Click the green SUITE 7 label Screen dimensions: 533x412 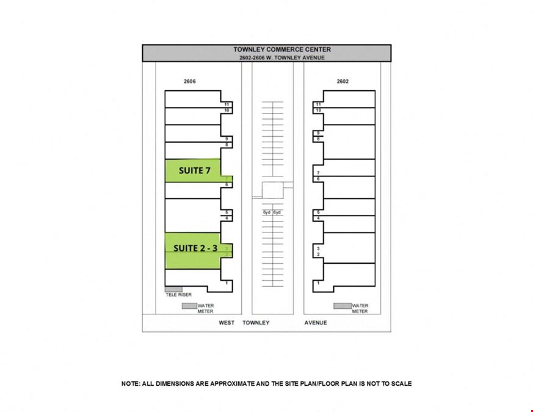pos(195,170)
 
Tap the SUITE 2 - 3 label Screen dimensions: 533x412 pos(195,248)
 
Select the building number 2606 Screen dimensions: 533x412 pos(190,81)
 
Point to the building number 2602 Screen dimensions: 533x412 pos(343,81)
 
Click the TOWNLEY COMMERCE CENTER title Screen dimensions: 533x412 pos(282,49)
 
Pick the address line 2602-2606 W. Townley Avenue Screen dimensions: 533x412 pos(282,58)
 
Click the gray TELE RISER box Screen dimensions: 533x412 pos(174,289)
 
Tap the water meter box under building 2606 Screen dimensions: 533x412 pos(189,306)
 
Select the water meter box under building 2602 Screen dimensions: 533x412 pos(343,306)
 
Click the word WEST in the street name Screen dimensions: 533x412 pos(227,323)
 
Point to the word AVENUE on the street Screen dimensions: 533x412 pos(316,323)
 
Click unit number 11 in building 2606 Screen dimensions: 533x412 pos(227,105)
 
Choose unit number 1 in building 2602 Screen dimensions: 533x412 pos(319,283)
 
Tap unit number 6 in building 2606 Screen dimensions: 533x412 pos(227,185)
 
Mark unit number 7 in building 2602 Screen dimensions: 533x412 pos(319,173)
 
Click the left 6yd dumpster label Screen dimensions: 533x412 pos(267,212)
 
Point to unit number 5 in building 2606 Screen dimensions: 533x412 pos(227,212)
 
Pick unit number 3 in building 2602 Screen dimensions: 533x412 pos(319,249)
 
